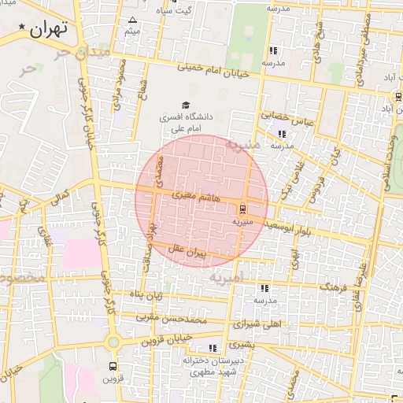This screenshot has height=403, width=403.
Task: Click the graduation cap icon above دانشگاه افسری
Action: click(x=186, y=105)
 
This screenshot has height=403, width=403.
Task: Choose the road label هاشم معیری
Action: click(x=189, y=194)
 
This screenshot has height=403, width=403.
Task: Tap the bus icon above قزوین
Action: click(x=113, y=366)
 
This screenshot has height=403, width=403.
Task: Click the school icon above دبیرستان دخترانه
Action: click(x=212, y=347)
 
